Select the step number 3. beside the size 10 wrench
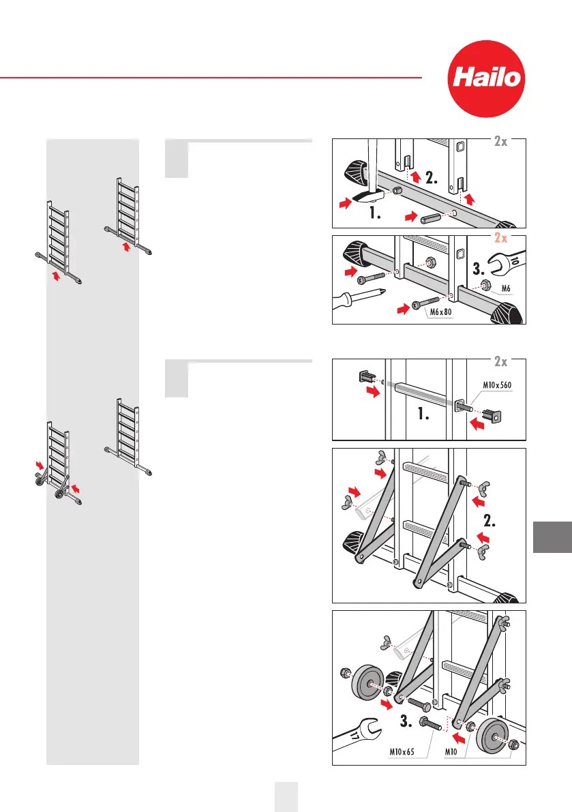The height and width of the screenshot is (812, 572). (479, 269)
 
